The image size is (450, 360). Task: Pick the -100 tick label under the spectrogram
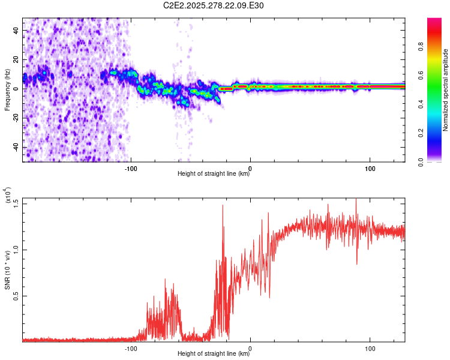pos(131,168)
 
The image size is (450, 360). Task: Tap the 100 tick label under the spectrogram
pos(370,168)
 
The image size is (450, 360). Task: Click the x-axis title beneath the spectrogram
pos(214,174)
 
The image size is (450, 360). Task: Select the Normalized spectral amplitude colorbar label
pos(446,90)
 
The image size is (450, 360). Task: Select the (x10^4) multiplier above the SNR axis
pos(8,195)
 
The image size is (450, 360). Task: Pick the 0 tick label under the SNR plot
pos(250,348)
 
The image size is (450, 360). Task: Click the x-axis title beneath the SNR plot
pos(214,354)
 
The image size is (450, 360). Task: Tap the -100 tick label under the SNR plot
pos(131,348)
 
